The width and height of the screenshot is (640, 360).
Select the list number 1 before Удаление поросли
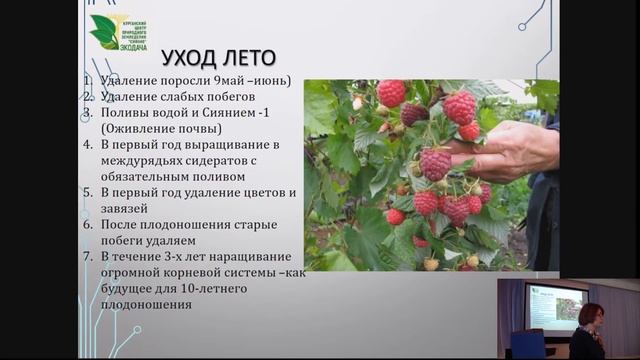88,80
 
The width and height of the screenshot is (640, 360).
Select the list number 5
88,192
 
